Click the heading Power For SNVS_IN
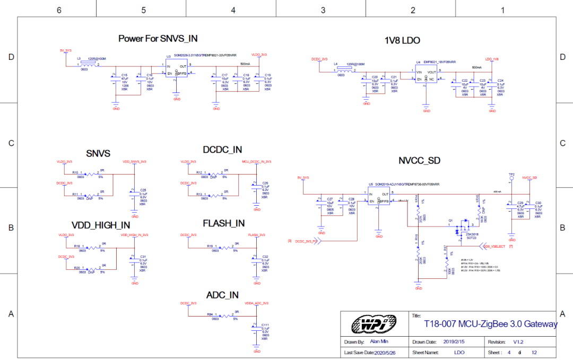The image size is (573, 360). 158,38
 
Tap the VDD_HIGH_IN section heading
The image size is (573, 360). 101,225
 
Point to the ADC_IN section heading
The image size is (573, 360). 222,295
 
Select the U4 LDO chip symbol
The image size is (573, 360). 426,75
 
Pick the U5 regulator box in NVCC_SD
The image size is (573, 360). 379,198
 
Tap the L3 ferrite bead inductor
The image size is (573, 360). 85,65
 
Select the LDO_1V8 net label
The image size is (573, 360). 492,59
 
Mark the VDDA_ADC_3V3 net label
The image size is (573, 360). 257,303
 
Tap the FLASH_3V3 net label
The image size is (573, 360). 257,234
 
